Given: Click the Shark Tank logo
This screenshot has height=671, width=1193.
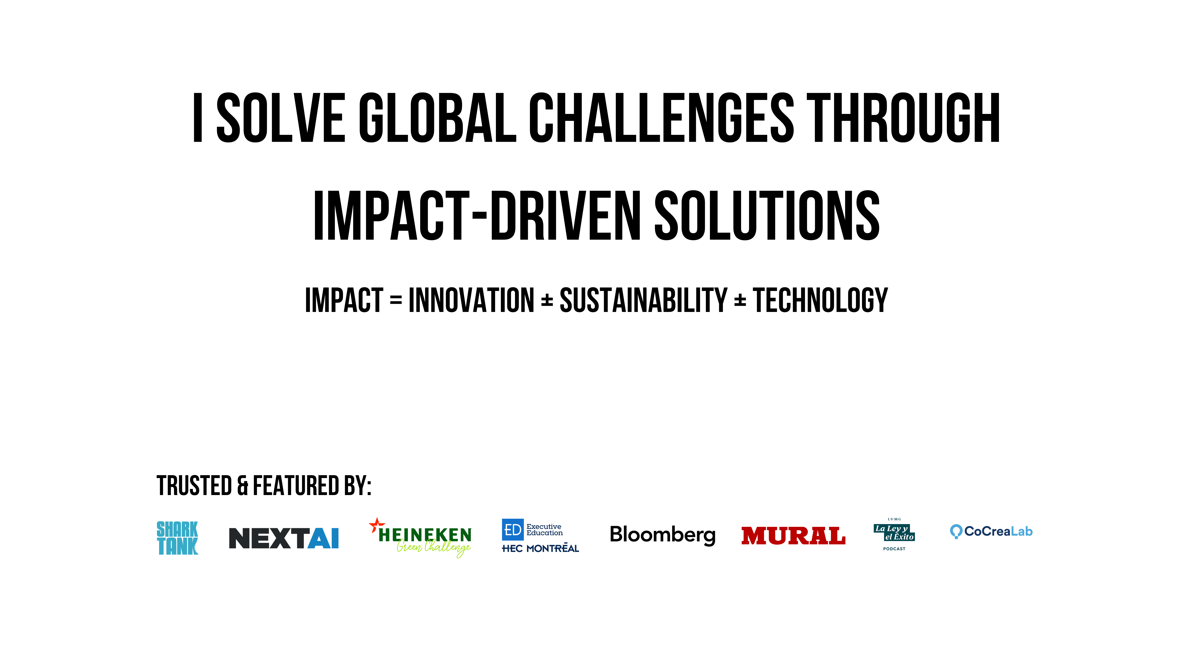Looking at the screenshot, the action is [x=177, y=538].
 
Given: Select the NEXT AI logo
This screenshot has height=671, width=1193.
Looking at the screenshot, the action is [x=284, y=538].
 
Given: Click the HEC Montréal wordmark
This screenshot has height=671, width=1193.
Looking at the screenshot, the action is [x=540, y=548].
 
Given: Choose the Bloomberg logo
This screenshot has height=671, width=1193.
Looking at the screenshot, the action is [x=663, y=535].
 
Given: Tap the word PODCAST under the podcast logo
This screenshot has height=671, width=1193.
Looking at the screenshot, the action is [x=894, y=549].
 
